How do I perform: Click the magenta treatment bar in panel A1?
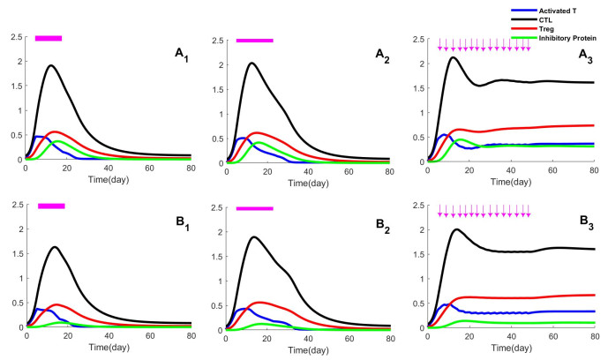[49, 38]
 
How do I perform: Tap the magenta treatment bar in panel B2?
[255, 207]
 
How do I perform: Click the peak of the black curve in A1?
[51, 65]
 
